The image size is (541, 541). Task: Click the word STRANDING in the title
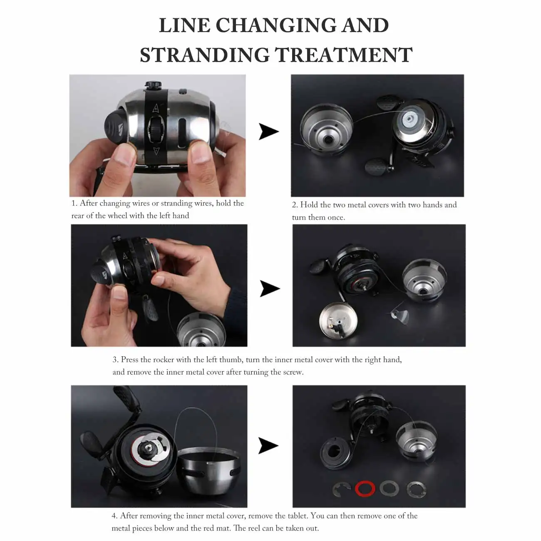coord(204,55)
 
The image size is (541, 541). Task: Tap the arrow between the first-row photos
coord(268,132)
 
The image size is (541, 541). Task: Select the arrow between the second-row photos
coord(269,288)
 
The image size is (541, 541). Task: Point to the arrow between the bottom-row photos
coord(268,445)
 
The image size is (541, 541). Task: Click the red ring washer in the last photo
coord(365,489)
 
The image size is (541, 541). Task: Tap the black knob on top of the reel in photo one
coord(153,85)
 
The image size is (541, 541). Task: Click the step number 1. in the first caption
coord(74,203)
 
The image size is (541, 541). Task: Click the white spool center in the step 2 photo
coord(408,120)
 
